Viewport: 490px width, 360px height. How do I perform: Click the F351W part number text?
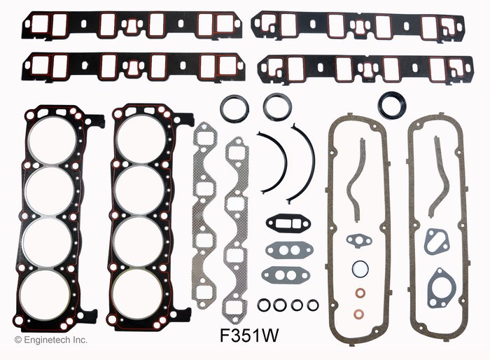coord(249,336)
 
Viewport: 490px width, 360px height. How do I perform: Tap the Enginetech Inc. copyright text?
coord(51,340)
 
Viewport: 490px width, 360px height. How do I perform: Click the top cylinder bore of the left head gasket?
coord(52,141)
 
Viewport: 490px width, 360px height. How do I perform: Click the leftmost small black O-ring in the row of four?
coord(263,305)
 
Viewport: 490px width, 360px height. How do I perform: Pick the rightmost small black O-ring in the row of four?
coord(313,305)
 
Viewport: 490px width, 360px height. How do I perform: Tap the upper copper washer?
coord(360,293)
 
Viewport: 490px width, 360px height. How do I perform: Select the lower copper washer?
coord(360,313)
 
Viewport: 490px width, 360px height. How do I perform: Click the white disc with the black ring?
coord(360,269)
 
